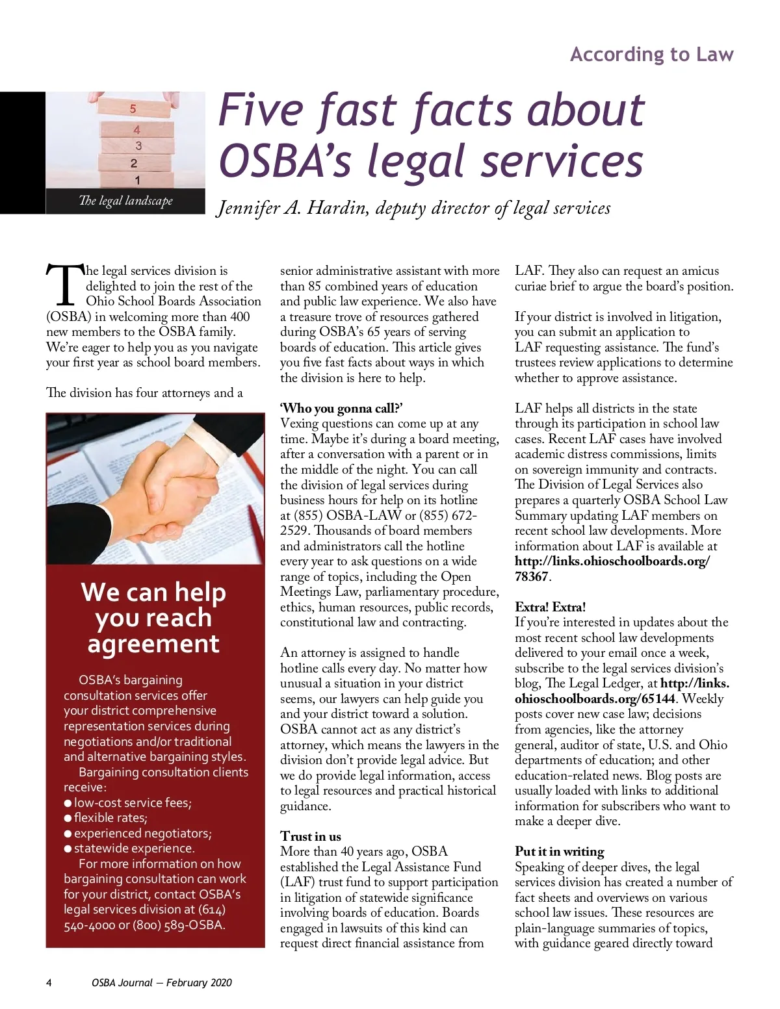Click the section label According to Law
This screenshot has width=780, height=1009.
(651, 55)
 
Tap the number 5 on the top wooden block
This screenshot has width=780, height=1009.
(133, 109)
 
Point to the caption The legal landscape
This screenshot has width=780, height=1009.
(125, 201)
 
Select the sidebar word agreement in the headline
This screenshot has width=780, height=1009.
(153, 644)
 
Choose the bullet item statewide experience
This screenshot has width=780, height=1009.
(134, 849)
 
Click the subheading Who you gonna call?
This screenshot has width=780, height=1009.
(341, 408)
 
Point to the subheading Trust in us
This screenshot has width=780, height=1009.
(311, 836)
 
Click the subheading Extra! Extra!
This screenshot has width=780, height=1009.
(550, 607)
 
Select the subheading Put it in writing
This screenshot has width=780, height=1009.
(559, 852)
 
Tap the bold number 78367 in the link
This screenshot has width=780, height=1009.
(532, 576)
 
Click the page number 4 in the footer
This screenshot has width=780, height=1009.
(49, 983)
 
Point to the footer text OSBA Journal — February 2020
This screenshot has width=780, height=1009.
(161, 983)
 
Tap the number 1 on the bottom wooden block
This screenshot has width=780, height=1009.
(137, 180)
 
